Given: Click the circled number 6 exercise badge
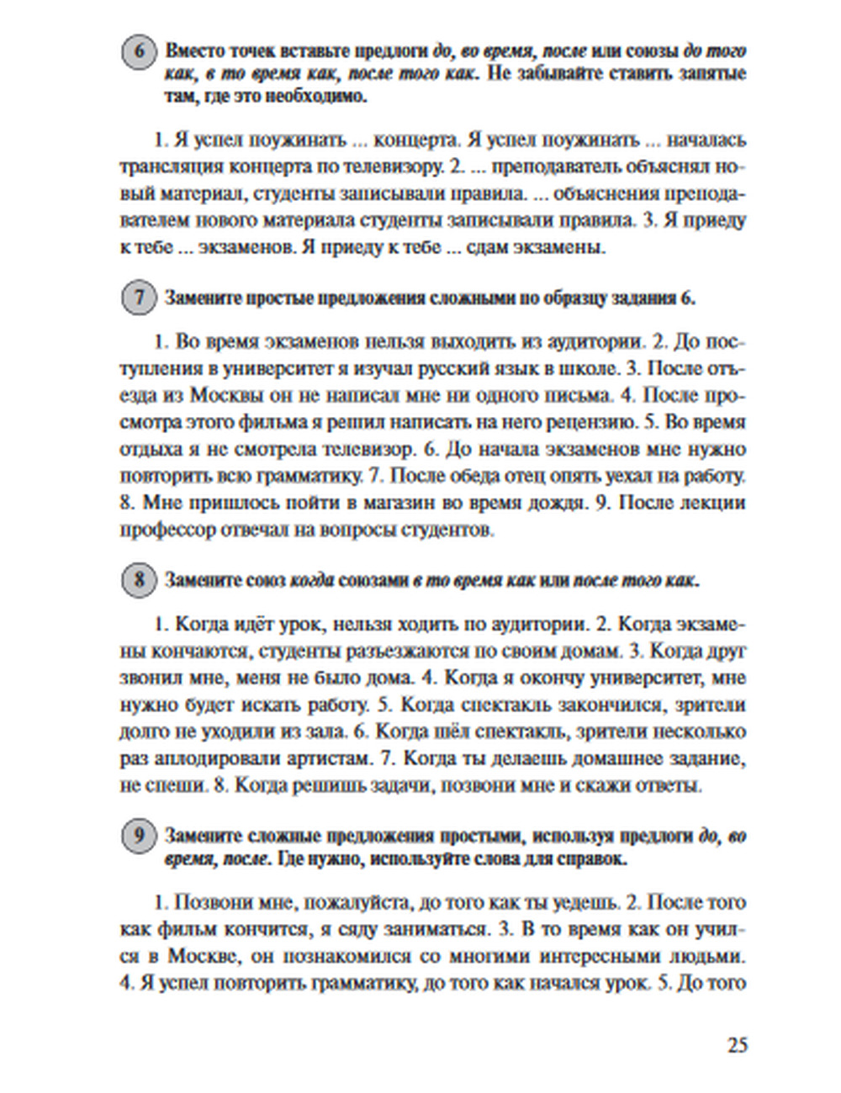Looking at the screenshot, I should tap(140, 52).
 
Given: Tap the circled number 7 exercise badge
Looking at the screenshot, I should tap(140, 298).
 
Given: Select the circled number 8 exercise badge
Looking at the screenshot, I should tap(140, 580).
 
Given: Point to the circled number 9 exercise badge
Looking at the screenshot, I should tap(140, 837).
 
